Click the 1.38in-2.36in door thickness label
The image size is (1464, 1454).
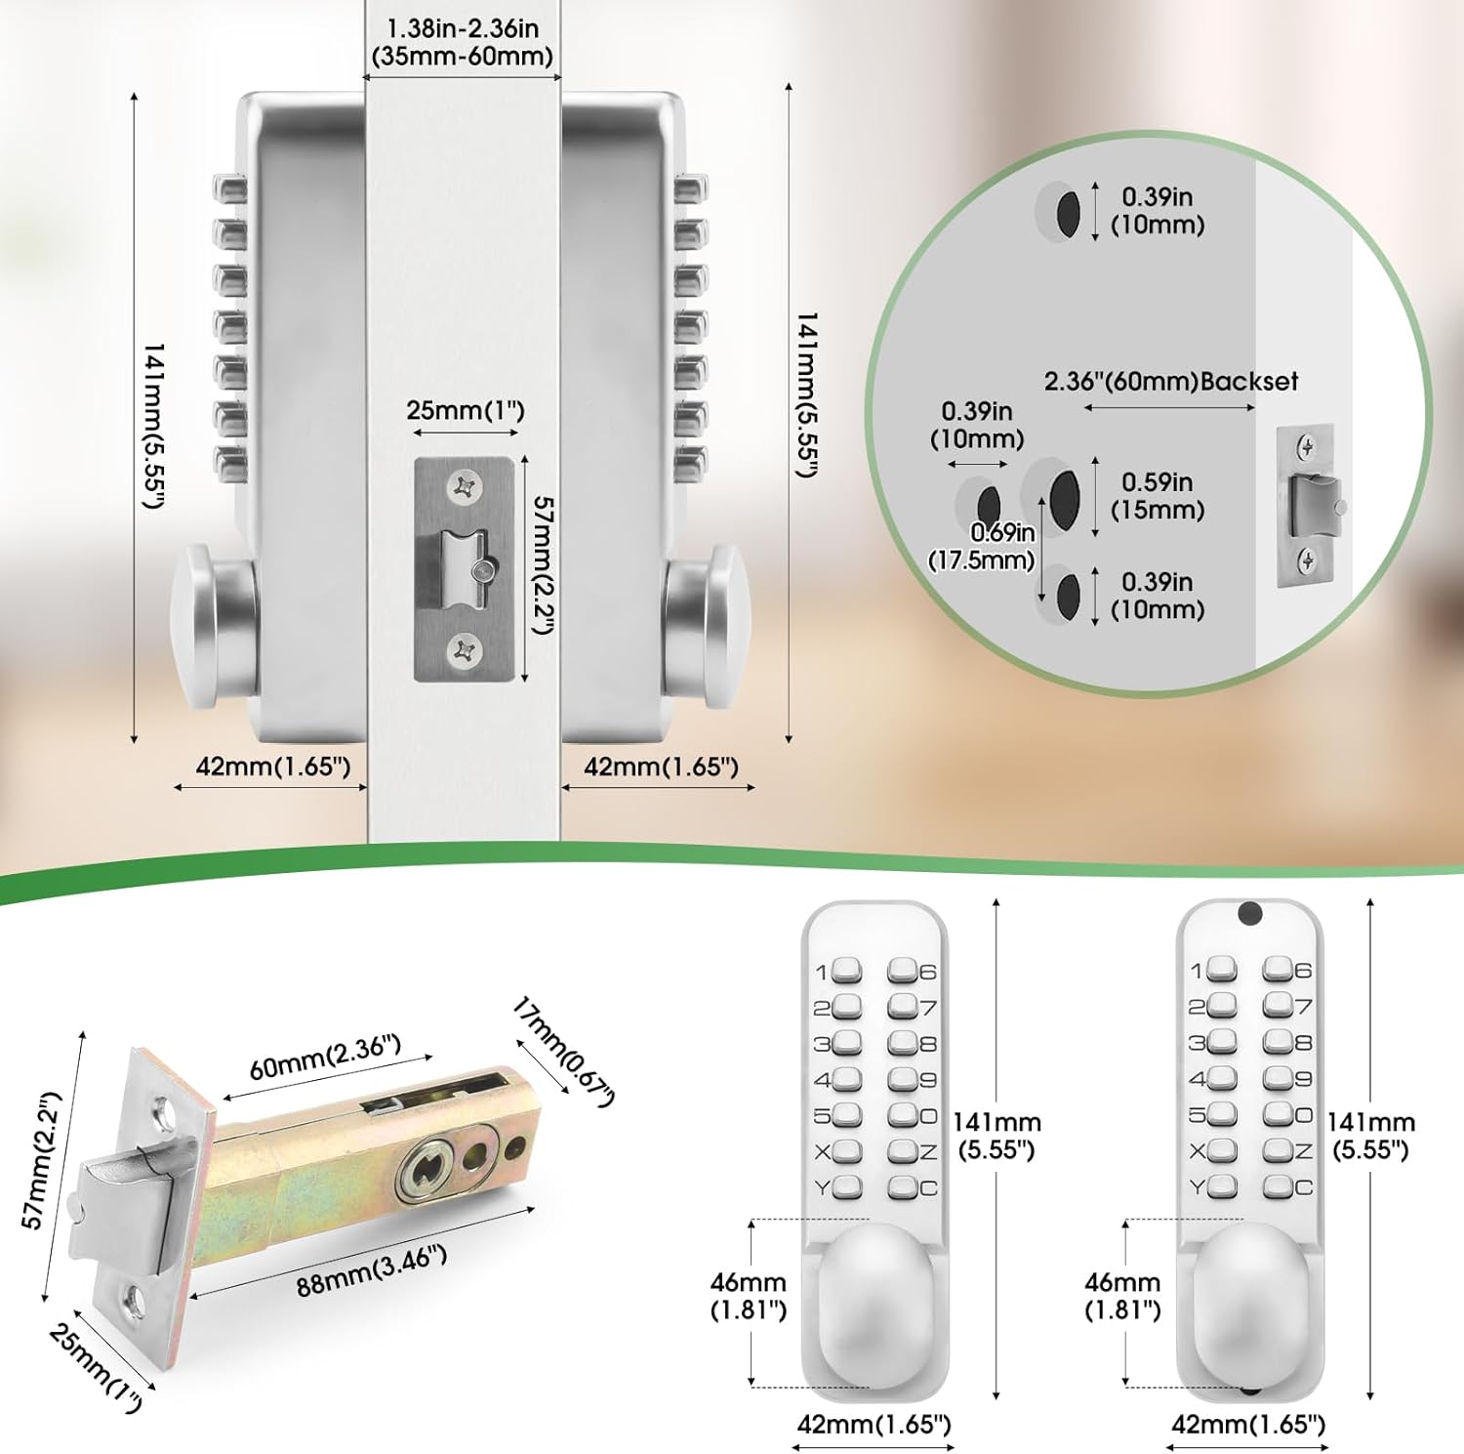click(463, 42)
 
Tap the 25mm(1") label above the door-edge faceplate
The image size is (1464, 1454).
click(466, 410)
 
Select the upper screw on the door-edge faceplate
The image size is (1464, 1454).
click(466, 486)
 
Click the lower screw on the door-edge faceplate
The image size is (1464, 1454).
click(466, 651)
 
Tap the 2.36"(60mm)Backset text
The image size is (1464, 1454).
click(1171, 381)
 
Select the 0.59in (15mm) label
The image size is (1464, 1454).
click(1158, 496)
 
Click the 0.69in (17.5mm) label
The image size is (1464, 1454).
click(981, 546)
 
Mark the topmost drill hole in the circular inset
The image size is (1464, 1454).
click(1068, 212)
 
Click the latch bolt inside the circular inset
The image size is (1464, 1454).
click(1314, 506)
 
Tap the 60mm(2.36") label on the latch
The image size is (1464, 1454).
click(325, 1058)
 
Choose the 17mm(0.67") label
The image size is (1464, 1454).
click(563, 1053)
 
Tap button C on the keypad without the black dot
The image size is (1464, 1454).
click(902, 1187)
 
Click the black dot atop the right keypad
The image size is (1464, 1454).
click(1249, 914)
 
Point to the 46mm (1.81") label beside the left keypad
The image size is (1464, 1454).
click(749, 1296)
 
